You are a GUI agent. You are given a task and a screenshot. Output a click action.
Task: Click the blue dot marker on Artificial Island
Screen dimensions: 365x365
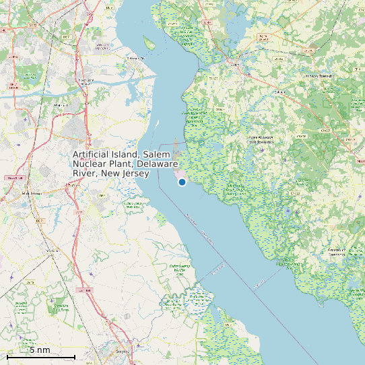tap(182, 182)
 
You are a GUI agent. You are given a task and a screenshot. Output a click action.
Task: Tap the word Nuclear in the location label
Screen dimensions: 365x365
tap(90, 164)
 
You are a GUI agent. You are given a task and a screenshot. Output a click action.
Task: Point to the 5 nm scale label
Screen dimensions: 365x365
tap(39, 350)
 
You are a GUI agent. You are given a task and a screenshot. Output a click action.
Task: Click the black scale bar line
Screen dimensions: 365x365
tap(40, 356)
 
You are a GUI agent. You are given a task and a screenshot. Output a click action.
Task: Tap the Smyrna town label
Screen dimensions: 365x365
tap(122, 352)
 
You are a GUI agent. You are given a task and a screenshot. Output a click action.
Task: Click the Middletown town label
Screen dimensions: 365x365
tap(32, 193)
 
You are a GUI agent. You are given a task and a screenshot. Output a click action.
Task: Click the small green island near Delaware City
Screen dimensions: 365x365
tap(148, 44)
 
